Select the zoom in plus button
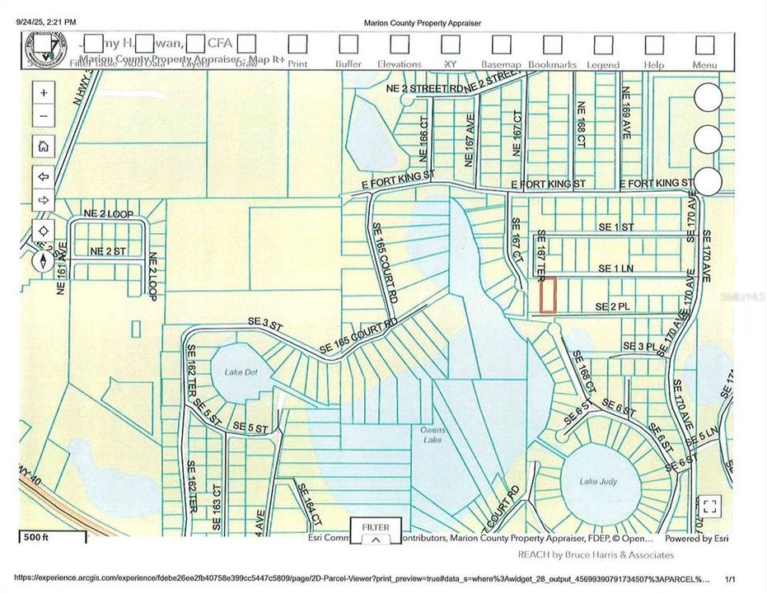[x=43, y=92]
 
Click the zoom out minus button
[x=43, y=116]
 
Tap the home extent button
[x=43, y=146]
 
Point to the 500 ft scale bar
[x=53, y=538]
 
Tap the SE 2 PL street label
[x=620, y=306]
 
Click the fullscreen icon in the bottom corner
[x=710, y=506]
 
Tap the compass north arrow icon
[x=43, y=262]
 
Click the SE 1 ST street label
[x=616, y=226]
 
